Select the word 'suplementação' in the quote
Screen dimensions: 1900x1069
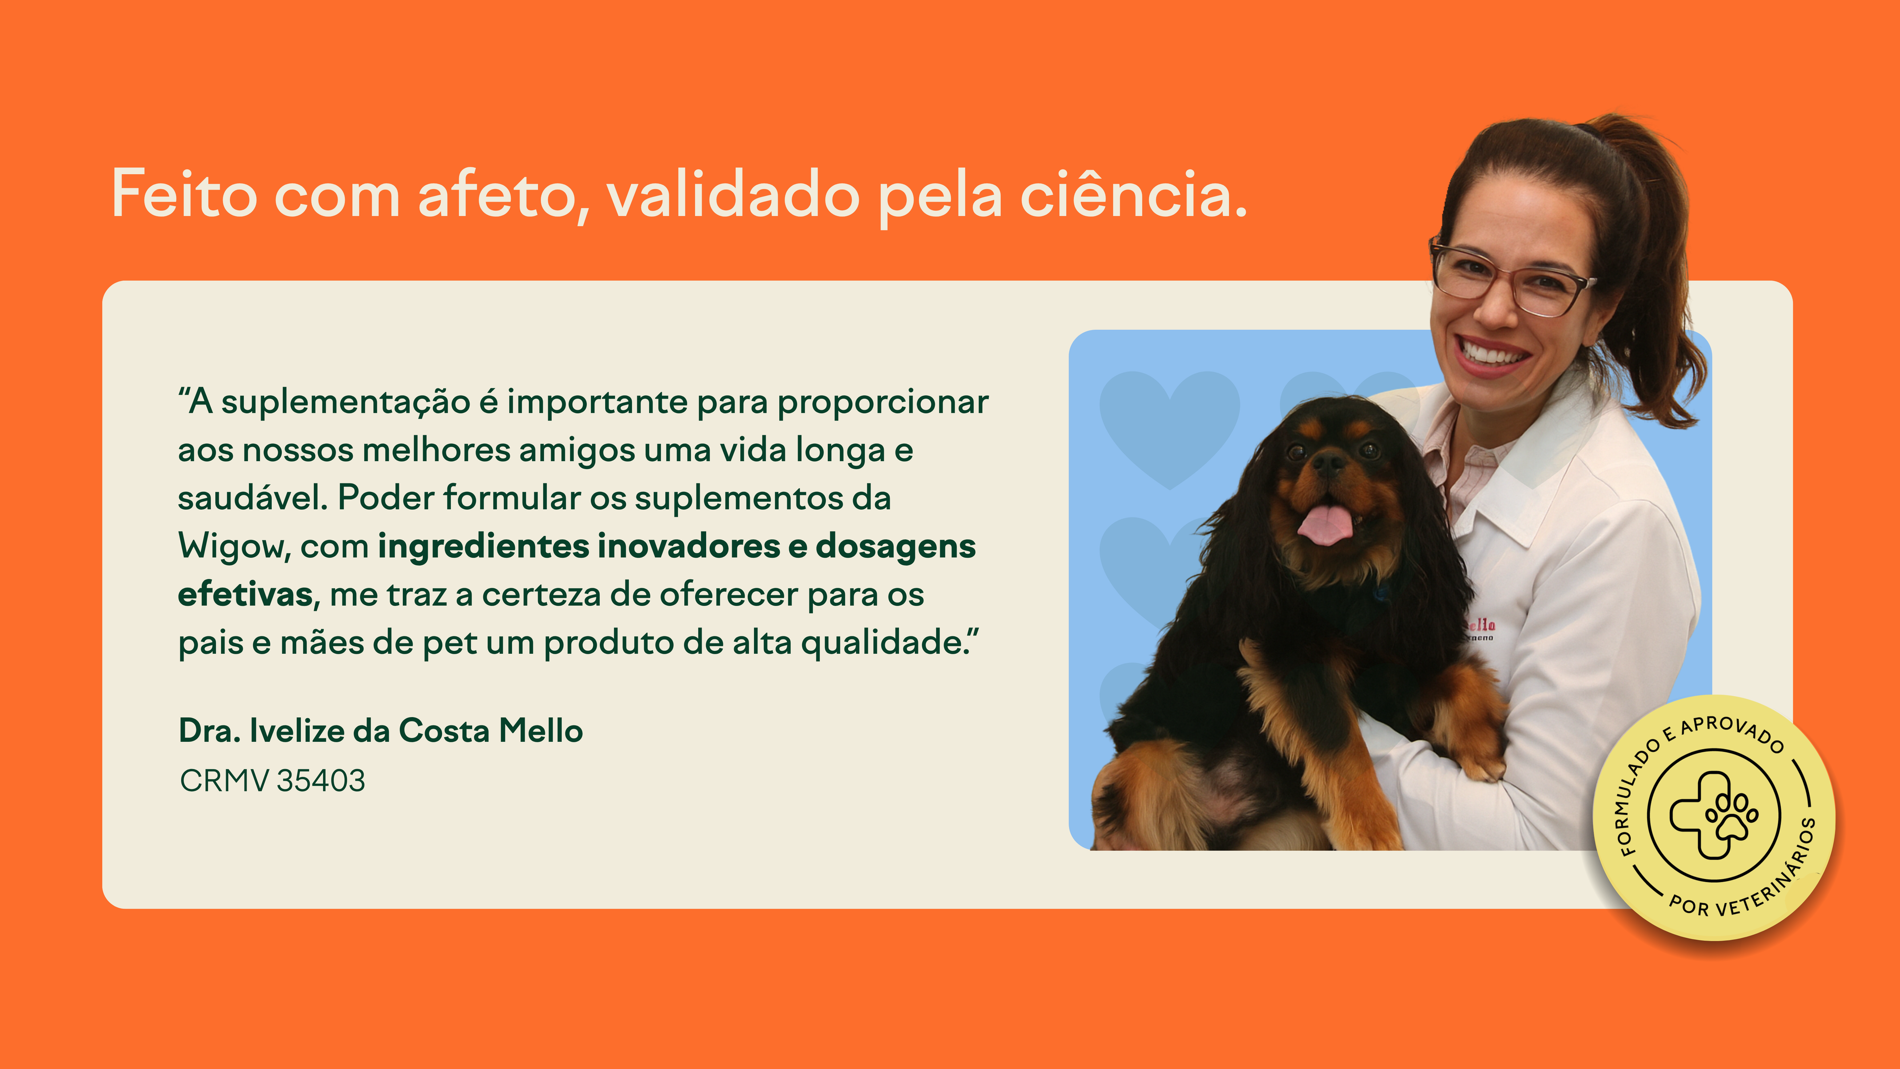click(346, 403)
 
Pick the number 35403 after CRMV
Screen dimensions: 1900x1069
click(321, 780)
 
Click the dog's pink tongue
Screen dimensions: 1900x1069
click(1325, 524)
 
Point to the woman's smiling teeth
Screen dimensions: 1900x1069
click(1493, 353)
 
